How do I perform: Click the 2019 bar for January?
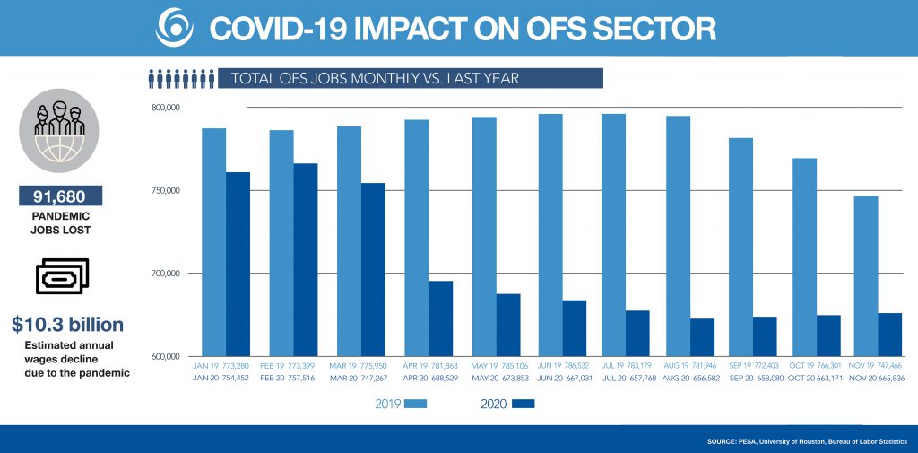213,242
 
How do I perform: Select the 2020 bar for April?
440,318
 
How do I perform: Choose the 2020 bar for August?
702,337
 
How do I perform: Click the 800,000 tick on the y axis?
166,108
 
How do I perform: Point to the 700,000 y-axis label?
166,274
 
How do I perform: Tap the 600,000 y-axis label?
166,356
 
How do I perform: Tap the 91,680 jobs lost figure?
60,196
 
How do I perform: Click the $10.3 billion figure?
68,324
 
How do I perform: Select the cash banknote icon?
61,277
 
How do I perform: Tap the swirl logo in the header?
173,27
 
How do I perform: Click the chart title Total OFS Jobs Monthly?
375,78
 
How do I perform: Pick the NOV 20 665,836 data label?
877,379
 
